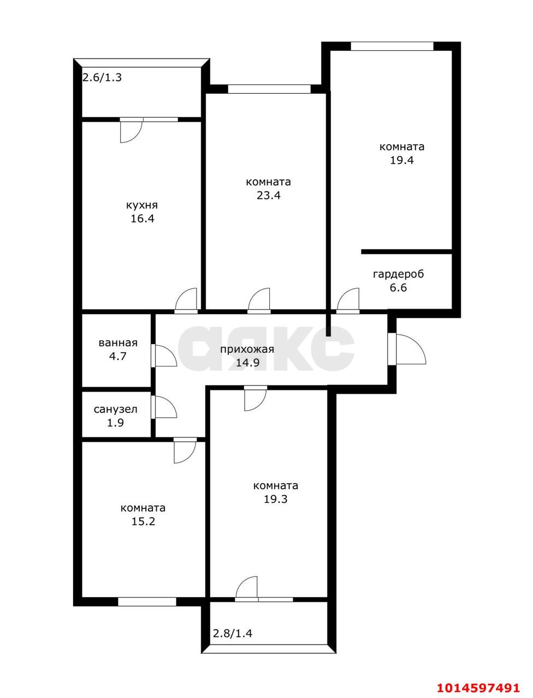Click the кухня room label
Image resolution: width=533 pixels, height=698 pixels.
pos(142,206)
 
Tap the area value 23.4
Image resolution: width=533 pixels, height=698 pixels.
pos(269,195)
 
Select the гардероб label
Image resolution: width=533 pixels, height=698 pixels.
pos(398,274)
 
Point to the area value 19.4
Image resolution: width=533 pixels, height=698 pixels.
pos(401,160)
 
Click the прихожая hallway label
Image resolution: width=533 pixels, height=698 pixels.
pos(247,350)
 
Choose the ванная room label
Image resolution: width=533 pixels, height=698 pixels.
pos(118,343)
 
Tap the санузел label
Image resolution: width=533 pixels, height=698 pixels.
pos(115,409)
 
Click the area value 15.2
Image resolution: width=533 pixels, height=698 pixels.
pos(143,521)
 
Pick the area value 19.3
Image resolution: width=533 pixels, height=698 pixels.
pos(275,499)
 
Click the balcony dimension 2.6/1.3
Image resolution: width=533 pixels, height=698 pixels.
pos(102,77)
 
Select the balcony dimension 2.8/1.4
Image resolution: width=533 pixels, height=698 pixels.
pos(233,634)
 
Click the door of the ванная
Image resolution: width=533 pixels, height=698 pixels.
pos(164,356)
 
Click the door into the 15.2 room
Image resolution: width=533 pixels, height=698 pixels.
pos(185,450)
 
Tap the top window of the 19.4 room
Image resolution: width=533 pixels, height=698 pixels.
pos(392,46)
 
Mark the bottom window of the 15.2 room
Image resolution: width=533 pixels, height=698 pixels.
pos(147,601)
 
